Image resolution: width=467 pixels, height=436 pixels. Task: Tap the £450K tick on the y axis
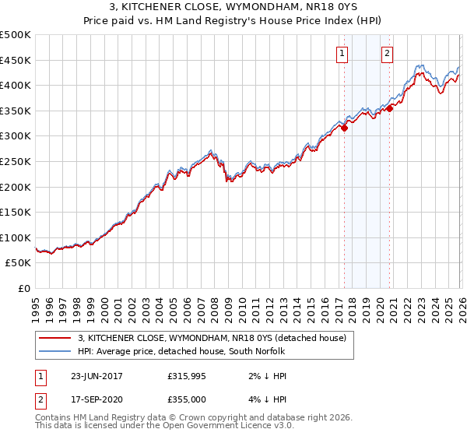[x=16, y=60]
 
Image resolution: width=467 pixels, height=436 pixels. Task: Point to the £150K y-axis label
[x=16, y=212]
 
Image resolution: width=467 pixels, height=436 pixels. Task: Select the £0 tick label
[x=25, y=288]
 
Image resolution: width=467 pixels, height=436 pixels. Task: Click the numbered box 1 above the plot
[x=342, y=54]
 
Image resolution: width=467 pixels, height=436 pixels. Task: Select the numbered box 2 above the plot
[x=387, y=54]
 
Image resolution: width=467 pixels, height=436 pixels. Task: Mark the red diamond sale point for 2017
[x=344, y=128]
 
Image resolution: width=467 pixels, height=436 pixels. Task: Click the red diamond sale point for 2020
[x=390, y=109]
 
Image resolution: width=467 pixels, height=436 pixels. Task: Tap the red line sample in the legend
[x=56, y=338]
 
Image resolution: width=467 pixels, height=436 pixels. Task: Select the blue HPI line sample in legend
[x=56, y=351]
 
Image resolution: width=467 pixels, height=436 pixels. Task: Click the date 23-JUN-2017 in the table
[x=97, y=376]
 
